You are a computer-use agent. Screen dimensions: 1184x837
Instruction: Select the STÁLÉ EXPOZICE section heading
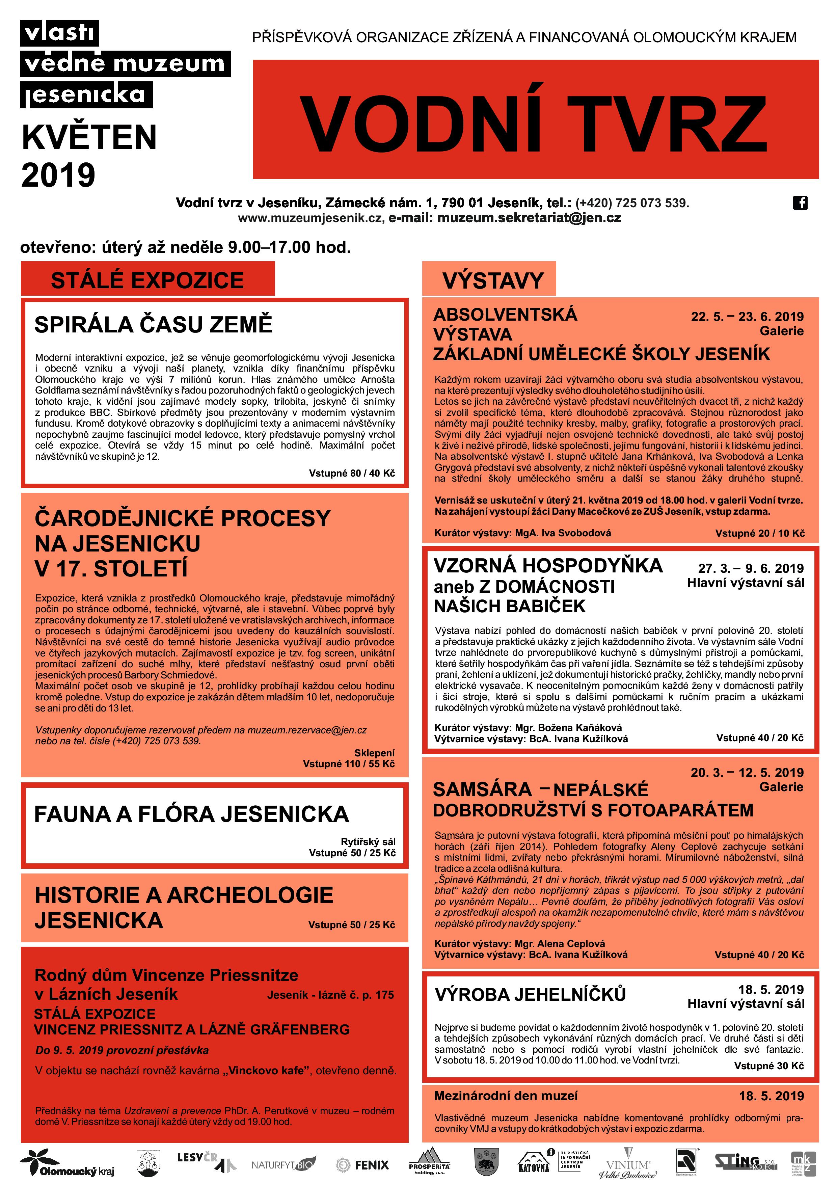pyautogui.click(x=147, y=280)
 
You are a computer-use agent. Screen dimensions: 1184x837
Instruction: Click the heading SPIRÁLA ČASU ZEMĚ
pyautogui.click(x=153, y=325)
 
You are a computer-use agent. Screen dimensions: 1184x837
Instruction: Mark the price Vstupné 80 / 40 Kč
pyautogui.click(x=352, y=473)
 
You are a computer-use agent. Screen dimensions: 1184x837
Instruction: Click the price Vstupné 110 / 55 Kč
pyautogui.click(x=349, y=764)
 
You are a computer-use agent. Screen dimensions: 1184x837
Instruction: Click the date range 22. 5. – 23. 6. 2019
pyautogui.click(x=747, y=317)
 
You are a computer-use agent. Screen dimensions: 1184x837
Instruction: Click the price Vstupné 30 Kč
pyautogui.click(x=768, y=1066)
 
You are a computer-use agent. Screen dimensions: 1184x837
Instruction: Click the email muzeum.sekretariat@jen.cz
pyautogui.click(x=529, y=218)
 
